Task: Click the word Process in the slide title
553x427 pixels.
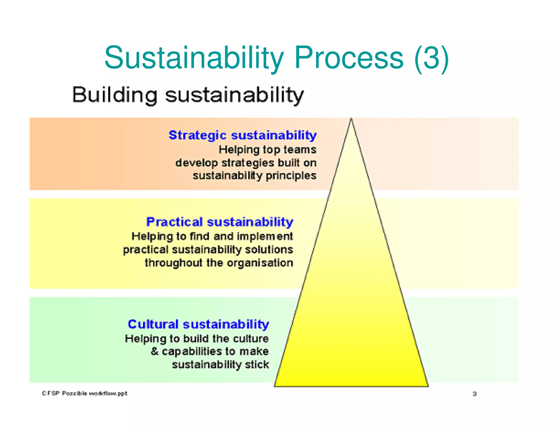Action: point(349,58)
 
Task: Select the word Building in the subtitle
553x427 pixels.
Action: point(115,95)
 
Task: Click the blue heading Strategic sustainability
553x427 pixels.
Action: point(242,135)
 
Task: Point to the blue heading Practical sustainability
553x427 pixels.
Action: point(220,222)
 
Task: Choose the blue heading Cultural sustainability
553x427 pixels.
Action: point(198,324)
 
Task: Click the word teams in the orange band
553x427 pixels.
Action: point(300,150)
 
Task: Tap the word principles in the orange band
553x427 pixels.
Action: point(291,176)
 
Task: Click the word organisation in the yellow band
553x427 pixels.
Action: point(260,263)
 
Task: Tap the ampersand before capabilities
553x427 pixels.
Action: point(154,351)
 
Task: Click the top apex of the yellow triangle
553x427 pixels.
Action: point(351,119)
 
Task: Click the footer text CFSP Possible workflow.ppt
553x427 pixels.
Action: point(85,393)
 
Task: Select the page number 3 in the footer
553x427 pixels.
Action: point(474,394)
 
